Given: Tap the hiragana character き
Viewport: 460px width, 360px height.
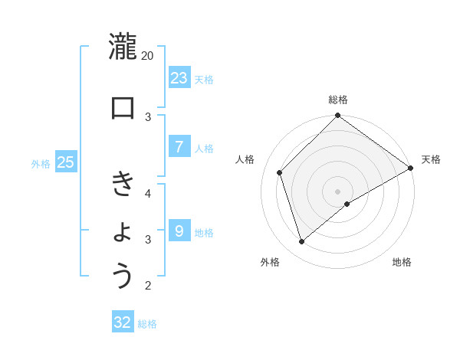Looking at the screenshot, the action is tap(123, 185).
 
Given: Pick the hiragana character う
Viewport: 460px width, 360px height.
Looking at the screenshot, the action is tap(123, 277).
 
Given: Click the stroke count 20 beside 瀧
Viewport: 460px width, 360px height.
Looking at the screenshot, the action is tap(148, 56).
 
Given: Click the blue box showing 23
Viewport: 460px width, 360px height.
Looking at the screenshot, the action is tap(179, 77).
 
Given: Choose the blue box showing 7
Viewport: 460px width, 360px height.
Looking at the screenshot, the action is tap(179, 147).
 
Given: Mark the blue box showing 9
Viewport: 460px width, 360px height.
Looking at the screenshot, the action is tap(179, 230).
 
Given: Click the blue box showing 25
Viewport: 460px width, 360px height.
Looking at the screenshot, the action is tap(65, 162).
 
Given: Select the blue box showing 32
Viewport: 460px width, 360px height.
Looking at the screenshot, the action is tap(123, 322).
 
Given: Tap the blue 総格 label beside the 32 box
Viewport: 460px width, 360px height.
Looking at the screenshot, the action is tap(147, 324).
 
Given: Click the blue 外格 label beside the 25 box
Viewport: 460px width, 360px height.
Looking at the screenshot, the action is tap(41, 163).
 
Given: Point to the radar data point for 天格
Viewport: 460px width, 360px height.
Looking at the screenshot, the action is tap(410, 169).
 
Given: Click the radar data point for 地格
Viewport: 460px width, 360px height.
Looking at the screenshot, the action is tap(347, 204).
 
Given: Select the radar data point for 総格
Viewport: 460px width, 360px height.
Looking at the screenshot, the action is tap(337, 116).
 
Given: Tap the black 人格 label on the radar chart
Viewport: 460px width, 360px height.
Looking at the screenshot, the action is tap(245, 159).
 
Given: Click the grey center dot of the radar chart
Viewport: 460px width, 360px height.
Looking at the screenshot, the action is tap(337, 191).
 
